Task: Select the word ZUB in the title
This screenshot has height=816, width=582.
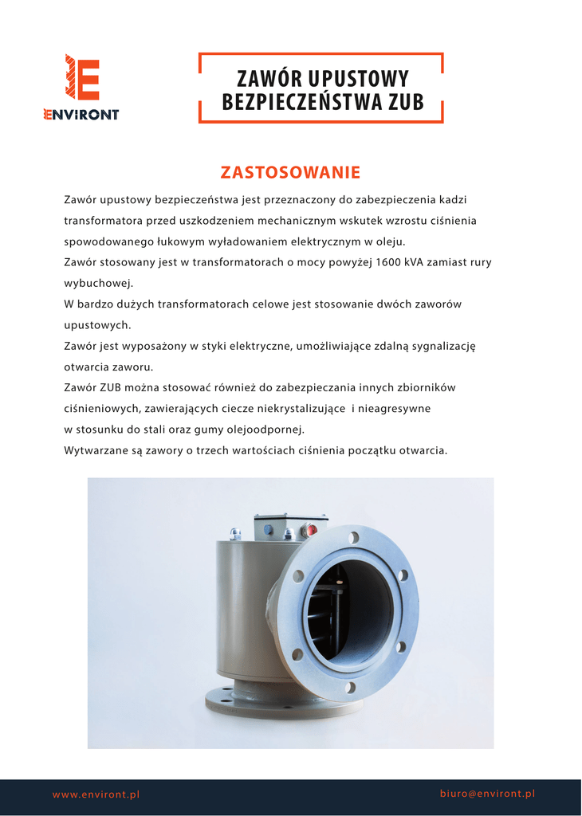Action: [406, 102]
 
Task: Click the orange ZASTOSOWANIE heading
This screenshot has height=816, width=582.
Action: [290, 172]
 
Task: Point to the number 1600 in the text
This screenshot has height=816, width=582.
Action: [389, 262]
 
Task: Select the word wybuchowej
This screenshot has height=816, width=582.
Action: [98, 283]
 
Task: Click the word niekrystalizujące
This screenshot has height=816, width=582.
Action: [298, 409]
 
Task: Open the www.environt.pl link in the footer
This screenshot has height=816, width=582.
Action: [96, 794]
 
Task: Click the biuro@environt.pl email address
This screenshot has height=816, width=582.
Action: [487, 794]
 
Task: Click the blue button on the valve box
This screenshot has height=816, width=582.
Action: [269, 529]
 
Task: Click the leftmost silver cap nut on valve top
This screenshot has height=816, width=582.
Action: [235, 534]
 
